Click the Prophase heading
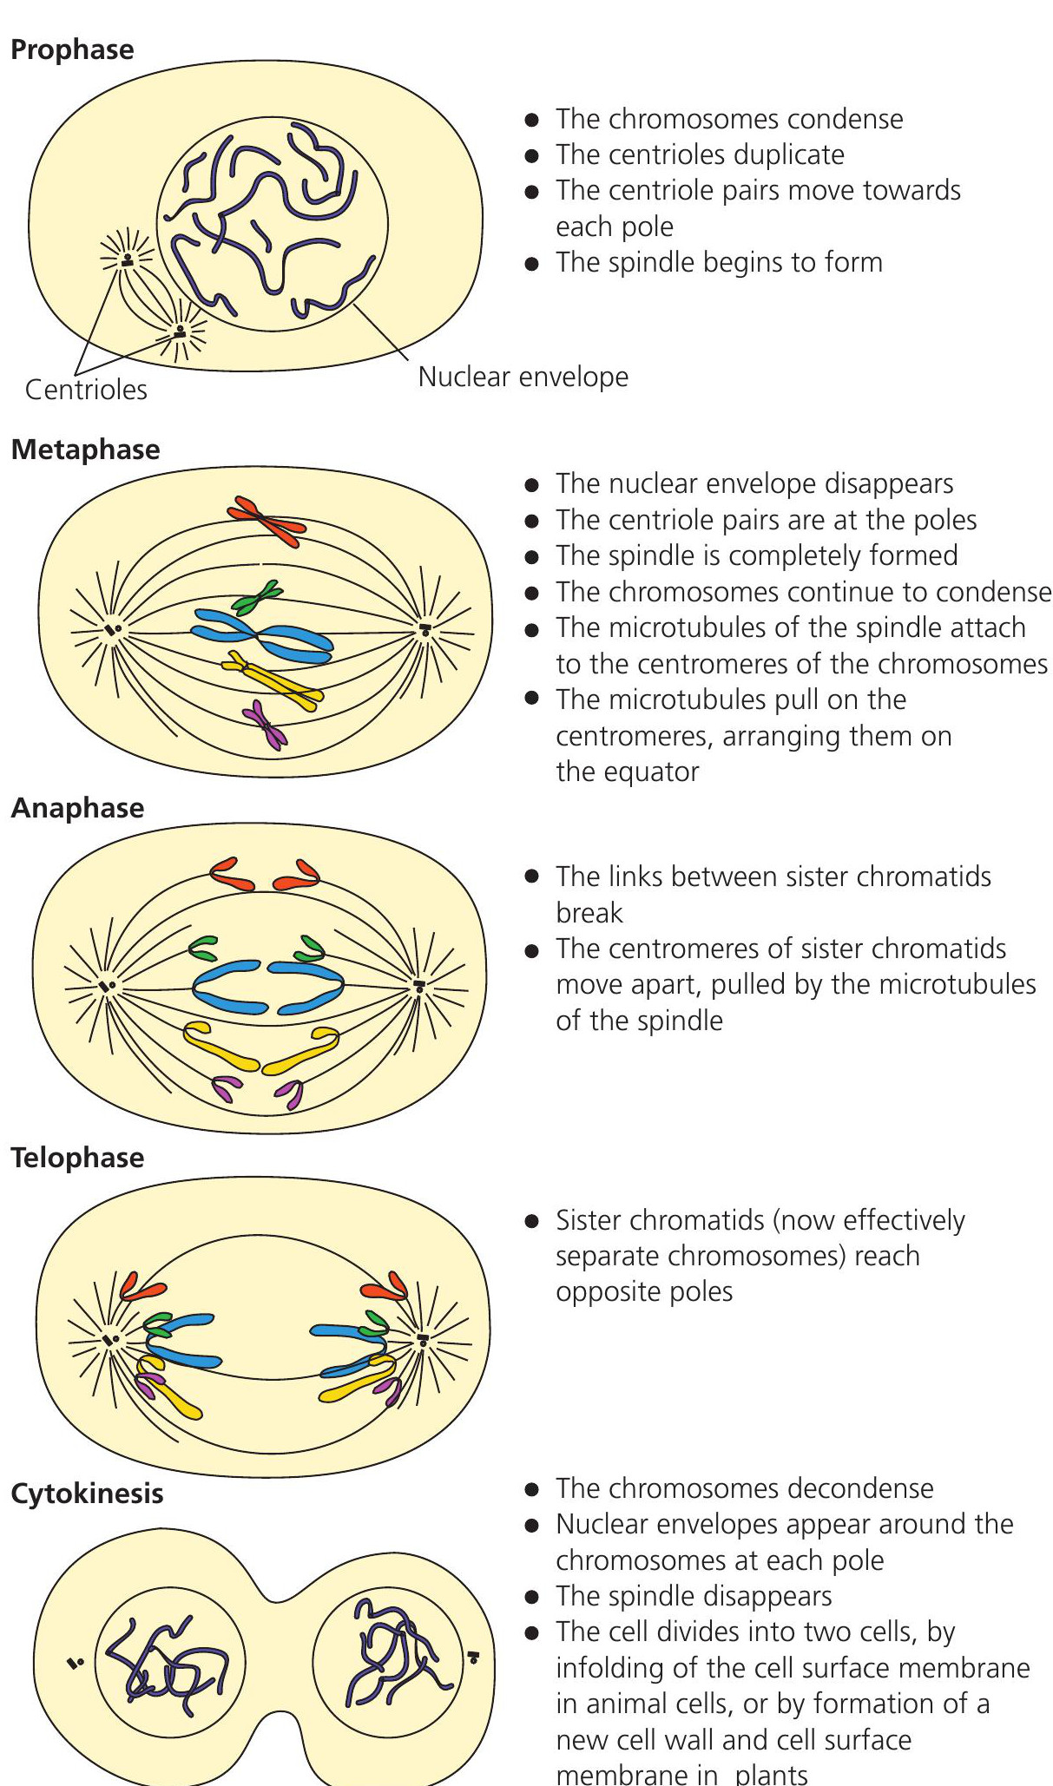coord(72,49)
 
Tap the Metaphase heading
coord(85,450)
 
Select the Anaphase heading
coord(77,808)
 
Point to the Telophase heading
coord(77,1158)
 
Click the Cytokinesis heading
coord(87,1494)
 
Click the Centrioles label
coord(86,390)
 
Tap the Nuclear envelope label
coord(523,377)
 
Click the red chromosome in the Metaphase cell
coord(266,522)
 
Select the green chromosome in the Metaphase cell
coord(257,597)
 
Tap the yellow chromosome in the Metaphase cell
coord(273,680)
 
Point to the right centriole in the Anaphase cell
coord(420,987)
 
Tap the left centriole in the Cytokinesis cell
coord(75,1663)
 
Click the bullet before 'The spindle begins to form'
coord(532,263)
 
